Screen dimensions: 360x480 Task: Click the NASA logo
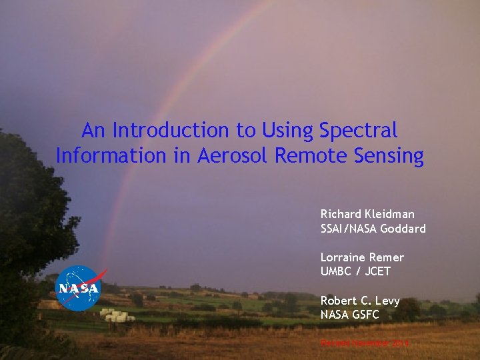click(x=77, y=288)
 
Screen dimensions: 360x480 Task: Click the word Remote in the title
click(x=305, y=156)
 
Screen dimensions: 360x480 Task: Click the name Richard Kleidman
click(x=367, y=214)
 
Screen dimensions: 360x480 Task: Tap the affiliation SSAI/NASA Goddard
click(x=373, y=229)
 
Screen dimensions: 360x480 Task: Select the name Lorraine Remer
click(x=362, y=257)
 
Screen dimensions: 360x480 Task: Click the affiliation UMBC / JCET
click(x=355, y=271)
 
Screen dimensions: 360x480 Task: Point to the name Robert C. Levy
click(x=360, y=301)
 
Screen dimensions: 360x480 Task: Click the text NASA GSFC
click(x=349, y=315)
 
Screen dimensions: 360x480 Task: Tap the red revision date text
click(x=365, y=343)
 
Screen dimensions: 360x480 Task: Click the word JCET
click(x=377, y=271)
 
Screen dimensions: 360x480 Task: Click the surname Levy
click(x=387, y=301)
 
